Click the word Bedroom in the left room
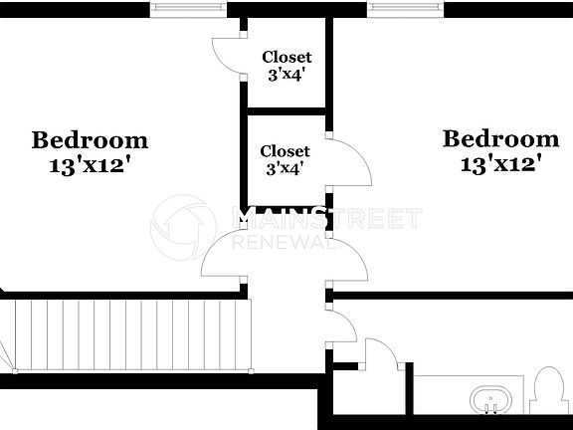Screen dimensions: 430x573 90,140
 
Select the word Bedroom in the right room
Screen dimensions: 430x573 500,138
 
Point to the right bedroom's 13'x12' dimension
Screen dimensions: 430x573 500,163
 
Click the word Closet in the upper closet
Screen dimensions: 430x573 286,58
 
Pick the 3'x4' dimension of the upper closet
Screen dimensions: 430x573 286,75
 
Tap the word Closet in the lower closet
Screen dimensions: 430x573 285,151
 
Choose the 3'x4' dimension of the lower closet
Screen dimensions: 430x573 285,168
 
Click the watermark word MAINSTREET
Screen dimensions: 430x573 327,218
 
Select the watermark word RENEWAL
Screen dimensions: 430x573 278,242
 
